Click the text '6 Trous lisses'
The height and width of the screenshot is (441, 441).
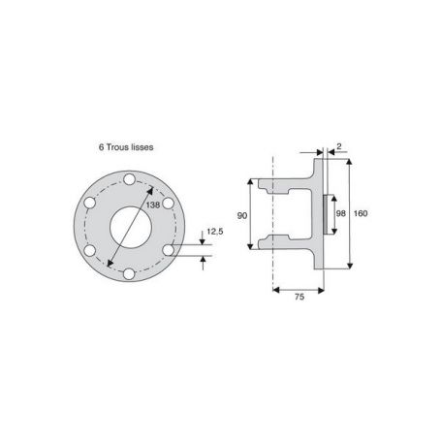[126, 147]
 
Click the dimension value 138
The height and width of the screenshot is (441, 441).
[153, 205]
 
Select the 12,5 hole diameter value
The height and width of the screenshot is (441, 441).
[215, 232]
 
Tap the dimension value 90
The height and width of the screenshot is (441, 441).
[242, 215]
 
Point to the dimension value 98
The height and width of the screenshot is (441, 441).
[341, 213]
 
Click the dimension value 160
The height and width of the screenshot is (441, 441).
[361, 213]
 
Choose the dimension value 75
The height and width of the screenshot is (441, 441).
[299, 297]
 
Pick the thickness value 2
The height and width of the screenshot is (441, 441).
[339, 146]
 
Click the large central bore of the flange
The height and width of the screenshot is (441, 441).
[131, 228]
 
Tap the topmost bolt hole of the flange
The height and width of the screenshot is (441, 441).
[129, 179]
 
